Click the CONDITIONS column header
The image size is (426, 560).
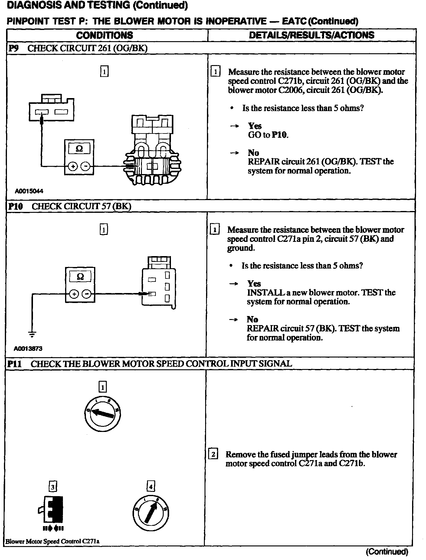[x=104, y=35]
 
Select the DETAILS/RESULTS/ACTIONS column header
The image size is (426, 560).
[x=311, y=35]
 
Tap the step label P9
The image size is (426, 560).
[x=14, y=49]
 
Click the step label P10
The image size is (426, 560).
[x=16, y=206]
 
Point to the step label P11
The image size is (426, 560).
[x=15, y=364]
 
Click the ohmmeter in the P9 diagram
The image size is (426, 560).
[x=79, y=157]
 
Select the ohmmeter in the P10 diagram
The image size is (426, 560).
[x=80, y=285]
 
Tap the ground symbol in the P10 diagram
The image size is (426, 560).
[x=32, y=334]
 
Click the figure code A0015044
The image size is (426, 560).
[x=29, y=191]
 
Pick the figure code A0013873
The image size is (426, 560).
[x=28, y=348]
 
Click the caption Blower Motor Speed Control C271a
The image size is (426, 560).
[x=52, y=541]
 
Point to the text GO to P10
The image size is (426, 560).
[x=268, y=135]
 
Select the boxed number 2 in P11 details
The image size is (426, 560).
[x=213, y=454]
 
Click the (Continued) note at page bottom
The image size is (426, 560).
[x=387, y=552]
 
